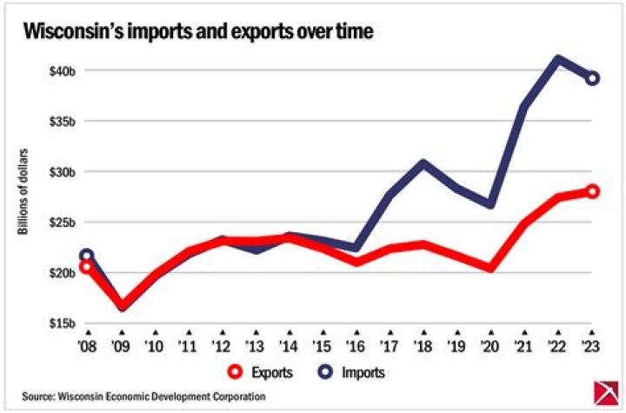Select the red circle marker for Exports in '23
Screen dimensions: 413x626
[591, 191]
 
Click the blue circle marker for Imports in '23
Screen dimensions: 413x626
[591, 78]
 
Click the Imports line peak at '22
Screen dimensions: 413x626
[557, 60]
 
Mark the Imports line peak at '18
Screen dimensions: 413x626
[423, 163]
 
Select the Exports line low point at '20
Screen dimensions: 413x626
[490, 268]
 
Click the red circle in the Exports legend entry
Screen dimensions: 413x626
[234, 371]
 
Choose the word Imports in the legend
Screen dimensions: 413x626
[364, 372]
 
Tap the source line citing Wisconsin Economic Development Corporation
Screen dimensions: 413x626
[143, 396]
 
